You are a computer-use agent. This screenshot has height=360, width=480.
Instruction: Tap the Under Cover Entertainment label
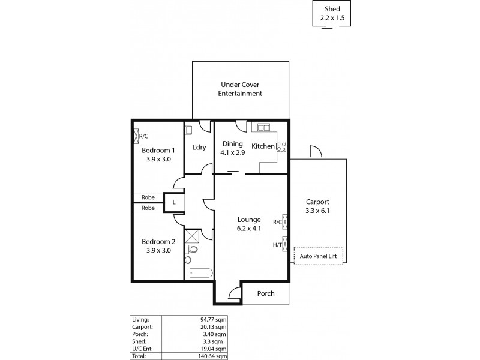coord(240,89)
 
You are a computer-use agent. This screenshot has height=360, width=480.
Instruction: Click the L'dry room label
coord(199,148)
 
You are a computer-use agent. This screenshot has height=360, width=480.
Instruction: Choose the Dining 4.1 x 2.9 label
coord(232,148)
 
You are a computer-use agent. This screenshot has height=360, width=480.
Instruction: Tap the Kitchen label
coord(263,146)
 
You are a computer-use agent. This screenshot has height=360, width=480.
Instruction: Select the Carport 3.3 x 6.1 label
coord(317,206)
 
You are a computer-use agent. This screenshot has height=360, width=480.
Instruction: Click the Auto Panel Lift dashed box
coord(318,256)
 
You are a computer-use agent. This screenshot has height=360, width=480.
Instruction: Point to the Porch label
coord(266,293)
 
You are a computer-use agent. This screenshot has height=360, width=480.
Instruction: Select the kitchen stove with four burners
coord(280,146)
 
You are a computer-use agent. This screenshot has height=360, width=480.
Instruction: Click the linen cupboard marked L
coord(174,202)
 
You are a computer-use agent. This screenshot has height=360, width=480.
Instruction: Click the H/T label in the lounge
coord(277,244)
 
